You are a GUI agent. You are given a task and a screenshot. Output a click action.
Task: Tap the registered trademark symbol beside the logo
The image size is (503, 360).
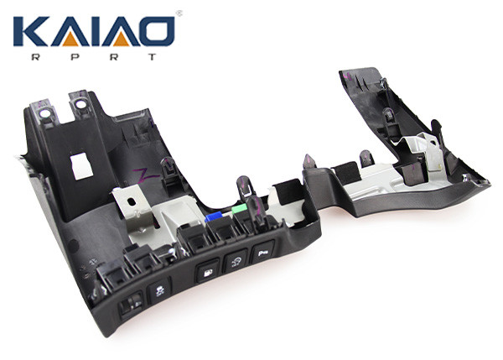pyautogui.click(x=179, y=13)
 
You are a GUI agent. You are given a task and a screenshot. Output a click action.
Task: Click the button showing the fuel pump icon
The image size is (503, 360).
pyautogui.click(x=208, y=273)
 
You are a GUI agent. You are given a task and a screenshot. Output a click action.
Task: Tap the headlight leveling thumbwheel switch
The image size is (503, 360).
pyautogui.click(x=131, y=306)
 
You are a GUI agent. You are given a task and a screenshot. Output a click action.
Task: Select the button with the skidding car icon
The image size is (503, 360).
pyautogui.click(x=159, y=291)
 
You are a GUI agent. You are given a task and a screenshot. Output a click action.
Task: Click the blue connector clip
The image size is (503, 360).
pyautogui.click(x=213, y=217)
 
